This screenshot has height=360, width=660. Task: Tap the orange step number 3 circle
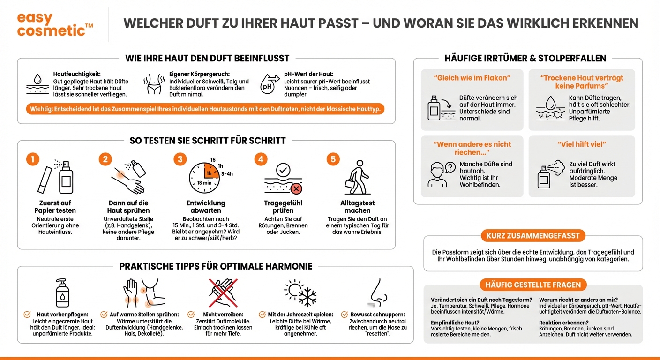(x=180, y=159)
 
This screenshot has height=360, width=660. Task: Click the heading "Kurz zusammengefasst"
(x=533, y=236)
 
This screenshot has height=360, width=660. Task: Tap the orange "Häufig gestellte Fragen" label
(x=533, y=285)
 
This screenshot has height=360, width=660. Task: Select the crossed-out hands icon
(x=223, y=292)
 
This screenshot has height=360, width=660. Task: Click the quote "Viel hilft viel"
(x=581, y=144)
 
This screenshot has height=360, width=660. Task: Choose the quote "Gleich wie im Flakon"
(x=472, y=78)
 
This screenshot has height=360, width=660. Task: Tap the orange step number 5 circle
(x=333, y=159)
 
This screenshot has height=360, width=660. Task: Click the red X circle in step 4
(x=296, y=188)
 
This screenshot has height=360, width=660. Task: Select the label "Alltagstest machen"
(x=357, y=207)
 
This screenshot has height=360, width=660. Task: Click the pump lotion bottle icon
(x=62, y=292)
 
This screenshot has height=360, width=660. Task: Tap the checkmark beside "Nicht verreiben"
(x=191, y=315)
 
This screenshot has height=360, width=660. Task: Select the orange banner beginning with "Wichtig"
(x=206, y=109)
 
